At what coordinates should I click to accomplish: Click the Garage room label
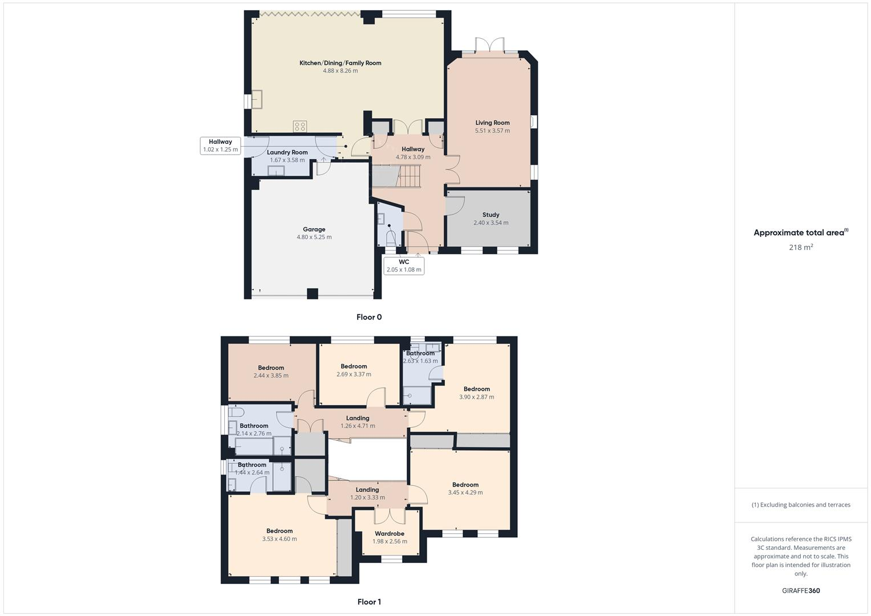(314, 229)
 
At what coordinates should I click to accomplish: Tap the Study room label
(491, 215)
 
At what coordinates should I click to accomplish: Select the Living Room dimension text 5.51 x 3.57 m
(492, 131)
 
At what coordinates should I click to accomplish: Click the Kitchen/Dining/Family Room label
(340, 63)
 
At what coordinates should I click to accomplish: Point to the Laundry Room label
(287, 152)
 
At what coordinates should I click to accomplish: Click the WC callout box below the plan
(404, 266)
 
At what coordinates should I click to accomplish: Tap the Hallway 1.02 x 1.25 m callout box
(220, 145)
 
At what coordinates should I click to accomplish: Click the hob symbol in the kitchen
(300, 125)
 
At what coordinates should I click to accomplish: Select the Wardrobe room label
(390, 534)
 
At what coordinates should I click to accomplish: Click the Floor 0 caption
(369, 317)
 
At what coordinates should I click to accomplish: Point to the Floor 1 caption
(369, 602)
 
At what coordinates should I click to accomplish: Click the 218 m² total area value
(800, 248)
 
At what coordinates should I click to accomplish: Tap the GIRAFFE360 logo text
(800, 591)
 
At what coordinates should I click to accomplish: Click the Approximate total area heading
(800, 233)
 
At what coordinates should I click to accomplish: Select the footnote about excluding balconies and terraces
(800, 505)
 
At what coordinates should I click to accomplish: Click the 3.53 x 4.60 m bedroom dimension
(279, 539)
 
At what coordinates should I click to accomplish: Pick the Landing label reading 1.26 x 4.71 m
(358, 425)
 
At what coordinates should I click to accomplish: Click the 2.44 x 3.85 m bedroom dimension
(271, 376)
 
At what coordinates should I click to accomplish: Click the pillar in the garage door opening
(312, 294)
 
